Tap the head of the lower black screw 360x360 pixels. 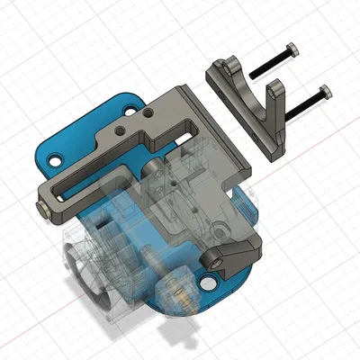[x=324, y=92]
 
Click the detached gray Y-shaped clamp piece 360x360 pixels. [x=248, y=99]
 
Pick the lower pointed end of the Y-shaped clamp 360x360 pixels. [x=274, y=151]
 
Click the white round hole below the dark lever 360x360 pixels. [x=212, y=285]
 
